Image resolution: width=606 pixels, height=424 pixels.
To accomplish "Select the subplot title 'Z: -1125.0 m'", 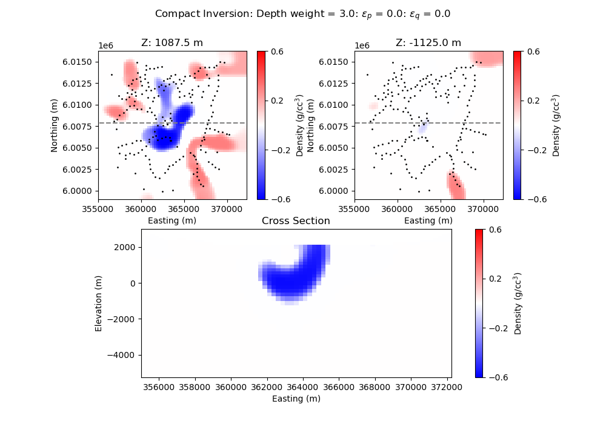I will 428,43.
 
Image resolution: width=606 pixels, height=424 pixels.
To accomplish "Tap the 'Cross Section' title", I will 296,221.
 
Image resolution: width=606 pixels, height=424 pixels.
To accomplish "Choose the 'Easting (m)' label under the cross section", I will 296,399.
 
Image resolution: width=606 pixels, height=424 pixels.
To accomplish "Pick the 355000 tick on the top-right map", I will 355,210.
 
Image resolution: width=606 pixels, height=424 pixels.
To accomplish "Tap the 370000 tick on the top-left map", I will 227,210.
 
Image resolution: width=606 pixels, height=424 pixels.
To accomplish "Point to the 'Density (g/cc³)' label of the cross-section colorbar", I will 518,303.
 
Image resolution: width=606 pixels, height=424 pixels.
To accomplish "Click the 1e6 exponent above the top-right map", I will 362,46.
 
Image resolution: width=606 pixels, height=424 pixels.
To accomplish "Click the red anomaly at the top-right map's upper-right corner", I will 488,58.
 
